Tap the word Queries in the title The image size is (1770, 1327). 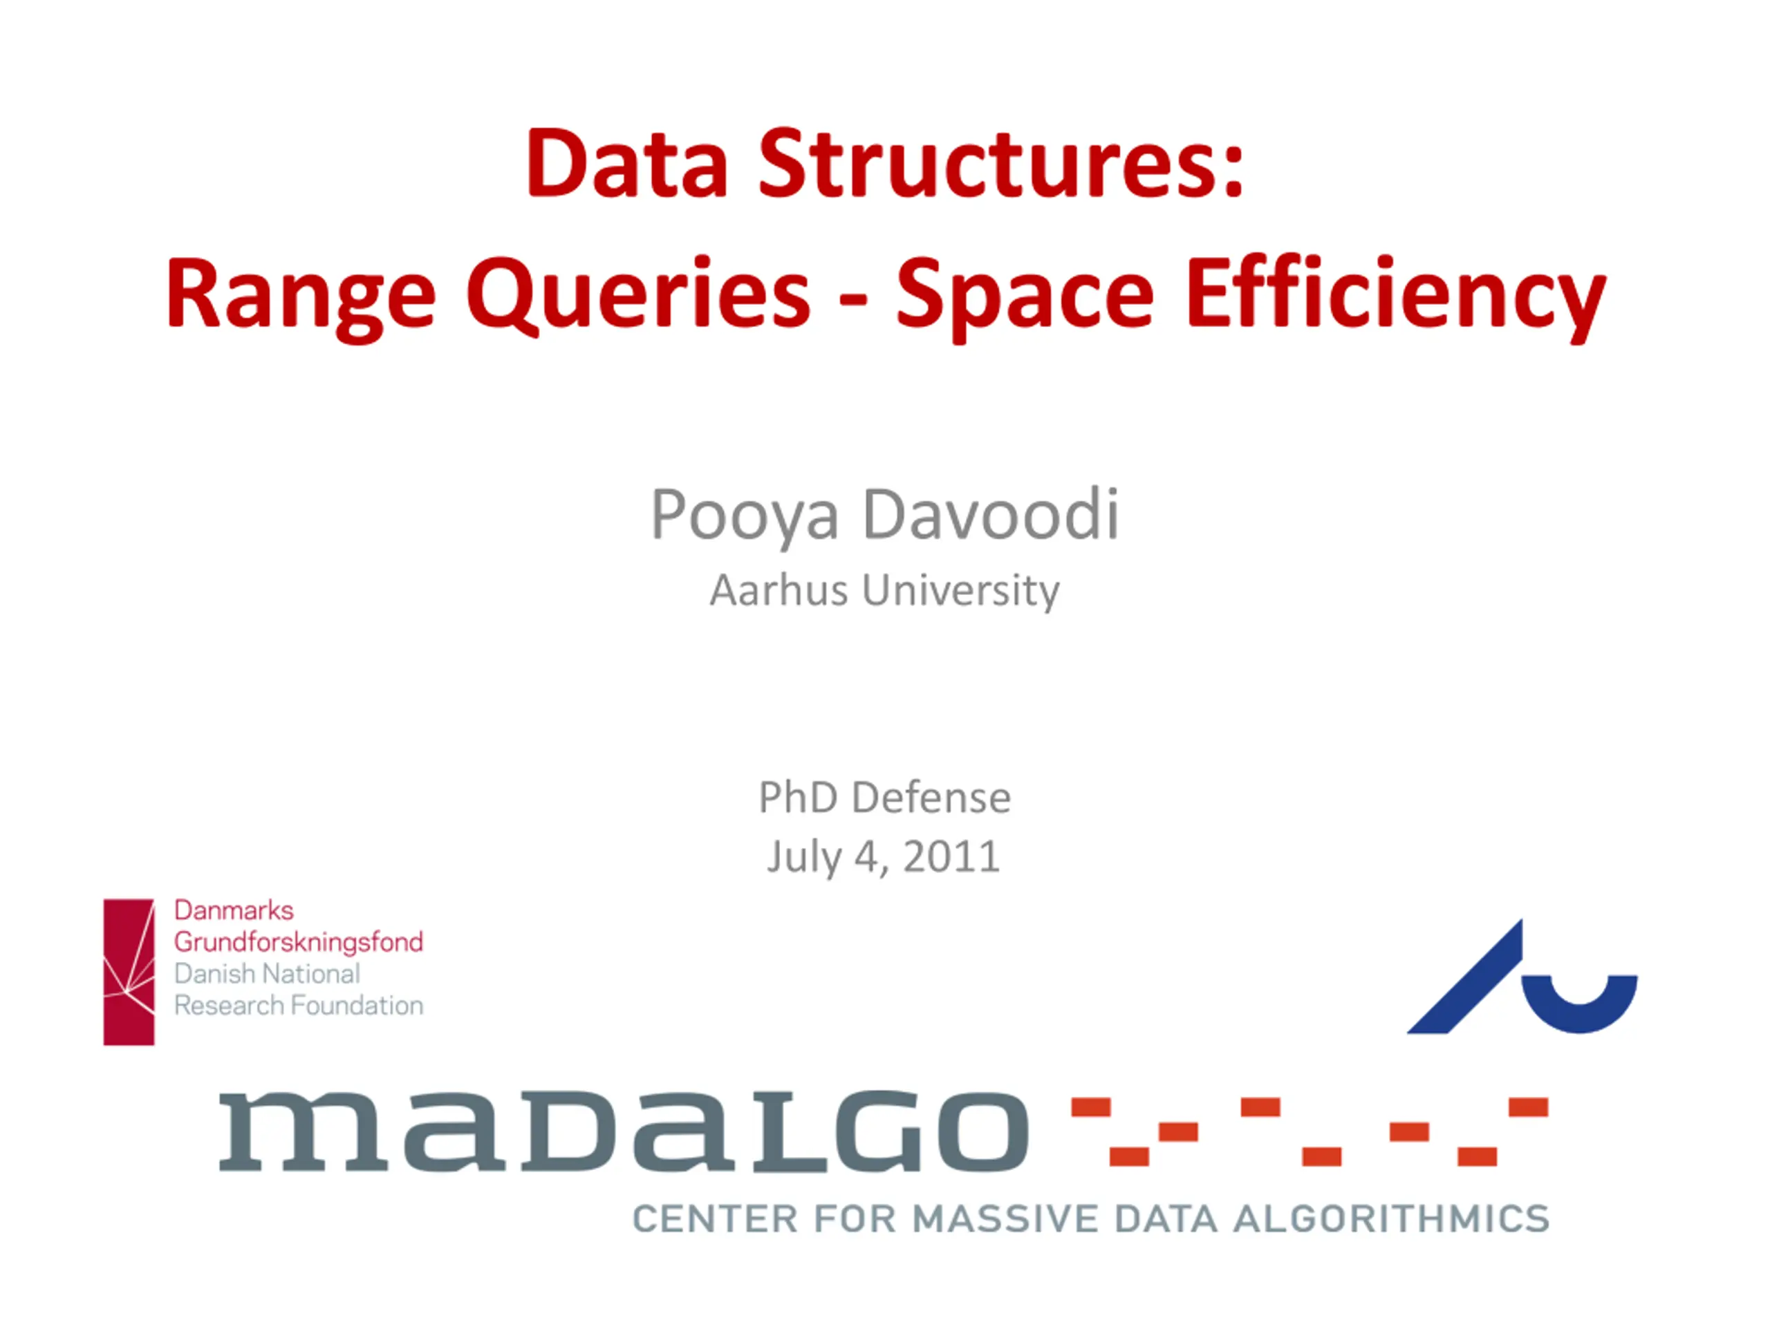pos(639,294)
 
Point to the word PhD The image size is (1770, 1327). pos(799,798)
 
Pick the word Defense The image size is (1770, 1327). pos(931,798)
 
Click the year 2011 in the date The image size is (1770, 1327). pos(951,856)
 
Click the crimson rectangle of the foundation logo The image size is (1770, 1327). pos(129,972)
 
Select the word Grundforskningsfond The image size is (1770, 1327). pos(299,942)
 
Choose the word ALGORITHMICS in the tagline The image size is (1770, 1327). pos(1392,1219)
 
